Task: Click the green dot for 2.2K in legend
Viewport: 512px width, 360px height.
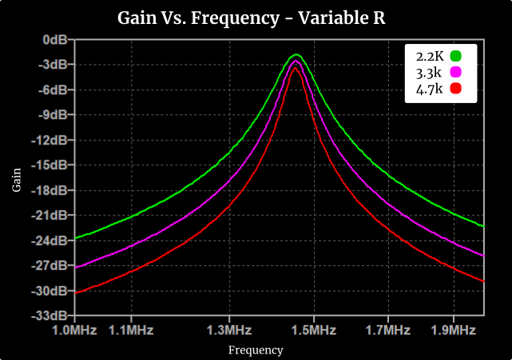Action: (457, 56)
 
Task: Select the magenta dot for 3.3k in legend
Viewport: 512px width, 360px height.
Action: (457, 73)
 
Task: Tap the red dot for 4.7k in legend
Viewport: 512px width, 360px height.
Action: (457, 89)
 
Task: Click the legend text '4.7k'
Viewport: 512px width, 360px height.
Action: (429, 89)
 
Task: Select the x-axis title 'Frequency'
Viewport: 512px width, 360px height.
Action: (256, 350)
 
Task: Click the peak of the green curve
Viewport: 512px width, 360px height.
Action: (296, 54)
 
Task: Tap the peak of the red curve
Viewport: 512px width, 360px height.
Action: (296, 68)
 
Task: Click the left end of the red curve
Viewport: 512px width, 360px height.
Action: (74, 293)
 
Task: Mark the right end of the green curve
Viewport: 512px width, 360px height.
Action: (484, 227)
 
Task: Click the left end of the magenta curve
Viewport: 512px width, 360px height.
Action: (74, 267)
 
